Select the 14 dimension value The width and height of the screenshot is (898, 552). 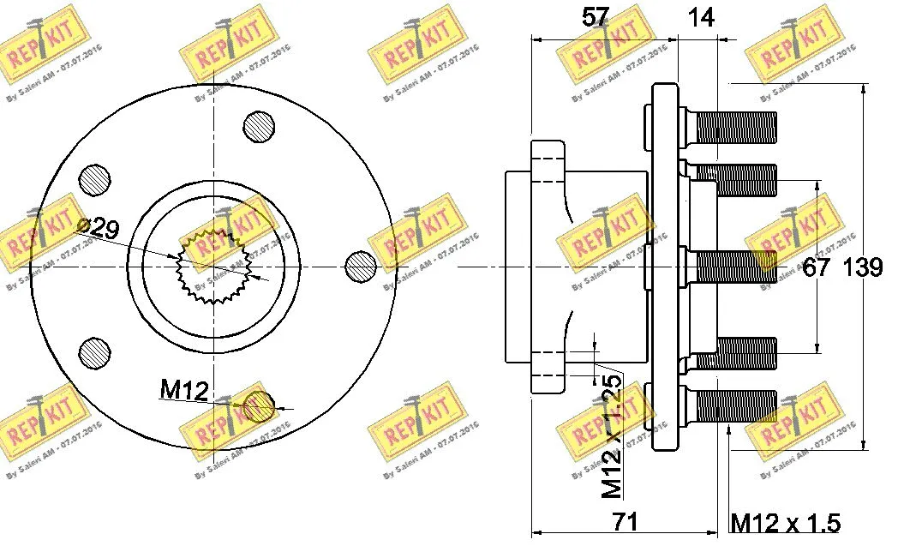click(701, 16)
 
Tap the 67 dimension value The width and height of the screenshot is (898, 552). click(816, 267)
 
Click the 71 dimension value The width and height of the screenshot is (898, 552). click(625, 521)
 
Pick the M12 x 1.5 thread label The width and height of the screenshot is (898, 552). click(785, 522)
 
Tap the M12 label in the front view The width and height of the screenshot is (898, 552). click(184, 391)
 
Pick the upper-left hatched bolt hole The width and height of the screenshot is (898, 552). click(95, 180)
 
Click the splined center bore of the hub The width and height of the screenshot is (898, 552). click(212, 266)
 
